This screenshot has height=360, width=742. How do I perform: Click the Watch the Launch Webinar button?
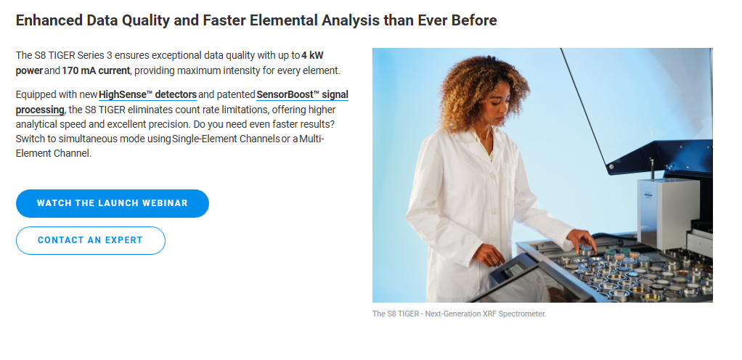tap(112, 203)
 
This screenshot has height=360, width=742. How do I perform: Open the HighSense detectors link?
tap(147, 94)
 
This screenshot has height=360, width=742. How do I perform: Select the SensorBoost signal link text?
tap(302, 94)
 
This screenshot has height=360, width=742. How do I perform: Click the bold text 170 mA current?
tap(96, 71)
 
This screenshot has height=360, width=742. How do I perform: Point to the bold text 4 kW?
tap(312, 55)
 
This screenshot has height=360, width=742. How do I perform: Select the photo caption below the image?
tap(459, 314)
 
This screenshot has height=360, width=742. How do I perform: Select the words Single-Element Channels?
tap(227, 139)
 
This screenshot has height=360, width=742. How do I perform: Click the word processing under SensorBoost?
tap(40, 110)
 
